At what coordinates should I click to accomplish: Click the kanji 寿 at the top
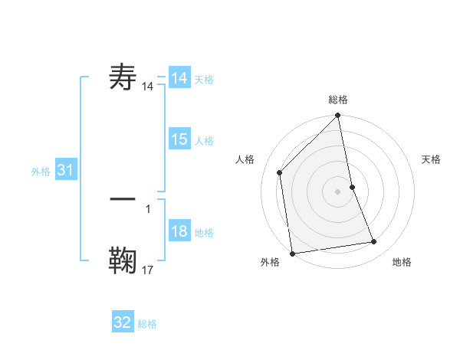pos(123,78)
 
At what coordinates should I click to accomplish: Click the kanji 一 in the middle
pos(123,198)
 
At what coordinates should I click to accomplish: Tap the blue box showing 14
pos(179,78)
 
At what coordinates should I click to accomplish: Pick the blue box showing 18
pos(179,232)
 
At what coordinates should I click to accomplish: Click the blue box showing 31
pos(65,171)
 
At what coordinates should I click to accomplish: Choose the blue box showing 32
pos(123,322)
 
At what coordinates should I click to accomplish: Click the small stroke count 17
pos(148,270)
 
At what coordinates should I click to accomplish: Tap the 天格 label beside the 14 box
pos(204,80)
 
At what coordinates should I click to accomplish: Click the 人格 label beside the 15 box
pos(204,140)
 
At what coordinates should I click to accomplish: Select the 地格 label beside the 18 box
pos(204,233)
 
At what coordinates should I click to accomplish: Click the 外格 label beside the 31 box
pos(41,172)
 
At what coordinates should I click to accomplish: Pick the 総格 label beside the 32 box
pos(147,324)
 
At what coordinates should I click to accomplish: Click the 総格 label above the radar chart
pos(338,100)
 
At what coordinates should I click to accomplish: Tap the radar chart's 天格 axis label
pos(432,159)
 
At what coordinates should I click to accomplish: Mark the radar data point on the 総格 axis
pos(338,117)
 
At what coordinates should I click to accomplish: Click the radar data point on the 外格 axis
pos(292,253)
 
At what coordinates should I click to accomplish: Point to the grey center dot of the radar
pos(338,191)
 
